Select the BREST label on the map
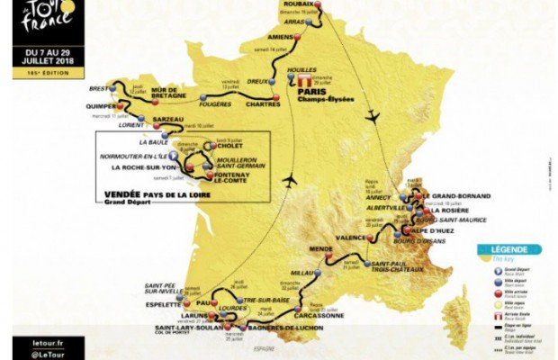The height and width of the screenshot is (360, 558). [x=99, y=89]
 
